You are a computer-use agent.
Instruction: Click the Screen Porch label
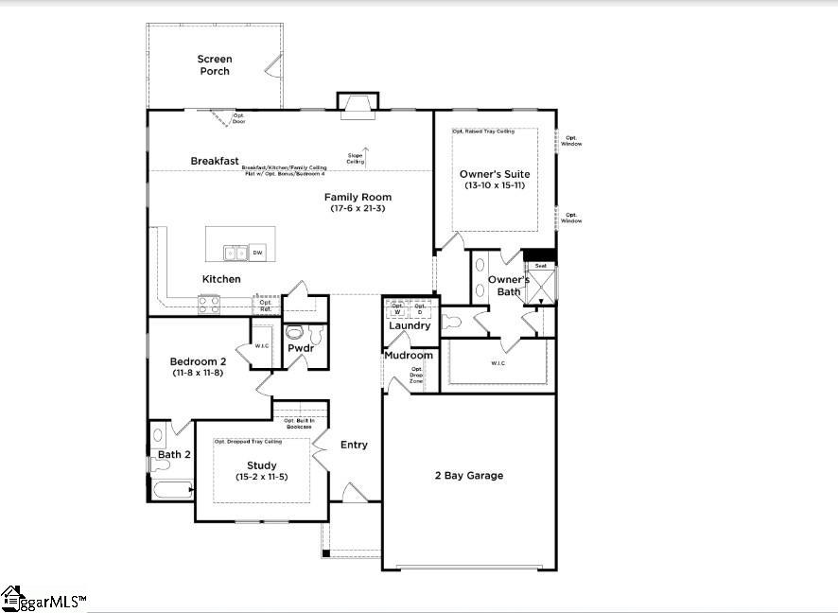click(214, 65)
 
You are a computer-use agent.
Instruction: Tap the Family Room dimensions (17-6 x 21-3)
click(358, 208)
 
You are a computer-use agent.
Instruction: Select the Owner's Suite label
click(495, 174)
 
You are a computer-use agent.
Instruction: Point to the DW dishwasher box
click(257, 253)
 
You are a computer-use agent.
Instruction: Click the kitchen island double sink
click(235, 253)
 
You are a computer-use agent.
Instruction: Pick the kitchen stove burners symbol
click(209, 305)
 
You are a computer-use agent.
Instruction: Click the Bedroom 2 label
click(198, 361)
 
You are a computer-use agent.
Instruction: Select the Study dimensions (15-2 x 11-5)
click(261, 477)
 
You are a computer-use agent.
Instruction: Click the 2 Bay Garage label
click(468, 475)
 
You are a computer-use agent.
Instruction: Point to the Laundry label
click(410, 325)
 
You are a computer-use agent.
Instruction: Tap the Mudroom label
click(409, 356)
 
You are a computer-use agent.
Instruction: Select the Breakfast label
click(215, 161)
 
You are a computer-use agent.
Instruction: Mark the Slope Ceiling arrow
click(366, 151)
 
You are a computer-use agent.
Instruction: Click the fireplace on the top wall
click(358, 104)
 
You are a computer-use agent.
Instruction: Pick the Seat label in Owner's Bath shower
click(541, 266)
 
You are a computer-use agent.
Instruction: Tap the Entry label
click(354, 445)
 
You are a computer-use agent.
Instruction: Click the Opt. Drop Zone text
click(416, 375)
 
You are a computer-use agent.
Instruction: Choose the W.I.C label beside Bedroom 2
click(262, 346)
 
